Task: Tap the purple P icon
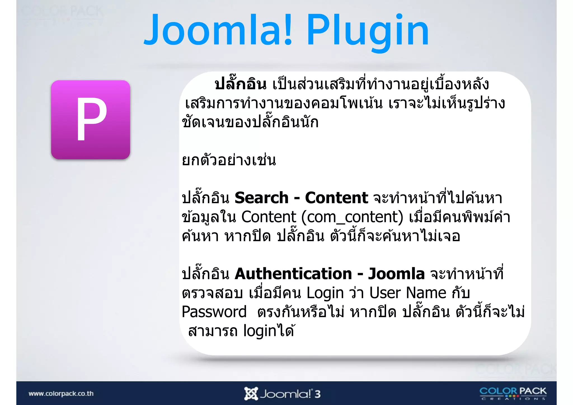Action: pyautogui.click(x=91, y=120)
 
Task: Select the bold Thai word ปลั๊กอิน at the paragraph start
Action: pyautogui.click(x=241, y=85)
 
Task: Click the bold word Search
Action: pyautogui.click(x=261, y=198)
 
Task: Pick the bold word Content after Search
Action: pyautogui.click(x=336, y=198)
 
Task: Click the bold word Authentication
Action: pyautogui.click(x=293, y=274)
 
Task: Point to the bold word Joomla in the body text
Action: pyautogui.click(x=396, y=274)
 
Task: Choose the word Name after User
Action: pyautogui.click(x=426, y=293)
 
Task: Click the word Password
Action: pyautogui.click(x=214, y=312)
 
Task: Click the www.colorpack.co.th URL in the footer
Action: pyautogui.click(x=61, y=394)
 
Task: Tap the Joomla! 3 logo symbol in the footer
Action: pyautogui.click(x=251, y=394)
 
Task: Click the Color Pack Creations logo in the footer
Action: pyautogui.click(x=513, y=393)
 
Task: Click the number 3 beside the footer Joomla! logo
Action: pyautogui.click(x=317, y=394)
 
